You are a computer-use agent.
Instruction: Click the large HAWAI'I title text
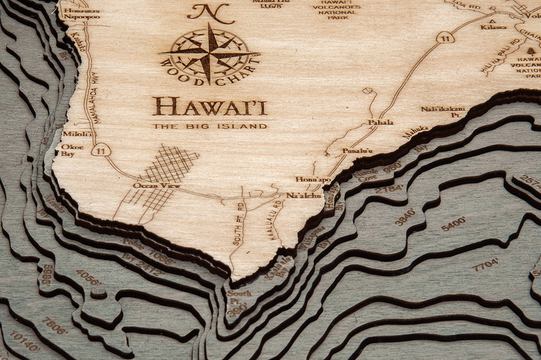pos(209,106)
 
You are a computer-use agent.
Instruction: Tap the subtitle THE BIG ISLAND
pos(209,126)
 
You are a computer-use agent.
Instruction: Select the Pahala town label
pos(381,123)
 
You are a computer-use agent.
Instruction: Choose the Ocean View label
pos(149,186)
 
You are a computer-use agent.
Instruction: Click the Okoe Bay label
pos(68,150)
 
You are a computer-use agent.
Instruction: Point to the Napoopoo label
pos(82,16)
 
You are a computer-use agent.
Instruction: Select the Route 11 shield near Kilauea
pos(445,38)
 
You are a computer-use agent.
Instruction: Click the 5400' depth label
pos(453,224)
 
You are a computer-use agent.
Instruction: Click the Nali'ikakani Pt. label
pos(443,111)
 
